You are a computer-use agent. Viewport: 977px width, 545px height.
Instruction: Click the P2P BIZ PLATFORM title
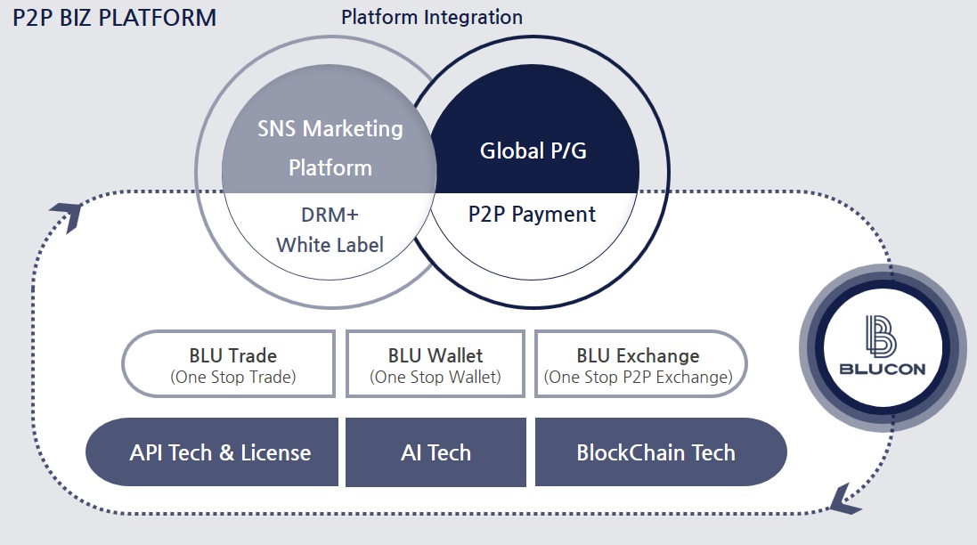114,18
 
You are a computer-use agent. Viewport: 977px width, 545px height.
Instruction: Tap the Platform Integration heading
432,17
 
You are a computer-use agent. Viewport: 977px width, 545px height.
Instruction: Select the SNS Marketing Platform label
330,147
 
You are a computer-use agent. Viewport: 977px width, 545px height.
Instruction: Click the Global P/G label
533,150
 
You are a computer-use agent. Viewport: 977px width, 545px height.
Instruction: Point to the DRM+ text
330,215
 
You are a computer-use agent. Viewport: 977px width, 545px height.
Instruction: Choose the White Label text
330,244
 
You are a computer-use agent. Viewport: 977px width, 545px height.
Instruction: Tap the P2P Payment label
533,214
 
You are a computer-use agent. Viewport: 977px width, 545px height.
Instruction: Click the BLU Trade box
229,363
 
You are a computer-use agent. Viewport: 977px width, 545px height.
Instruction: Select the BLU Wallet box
436,363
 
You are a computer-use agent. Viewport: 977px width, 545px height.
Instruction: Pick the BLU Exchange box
639,363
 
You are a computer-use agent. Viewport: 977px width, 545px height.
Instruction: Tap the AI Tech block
436,452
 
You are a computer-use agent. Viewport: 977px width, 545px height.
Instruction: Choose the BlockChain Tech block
657,452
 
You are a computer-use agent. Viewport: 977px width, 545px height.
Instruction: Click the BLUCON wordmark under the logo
883,370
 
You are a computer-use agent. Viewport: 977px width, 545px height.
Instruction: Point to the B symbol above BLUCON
882,336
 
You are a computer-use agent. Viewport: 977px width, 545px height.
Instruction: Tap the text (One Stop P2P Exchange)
639,378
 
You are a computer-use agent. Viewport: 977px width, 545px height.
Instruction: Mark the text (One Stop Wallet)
436,378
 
